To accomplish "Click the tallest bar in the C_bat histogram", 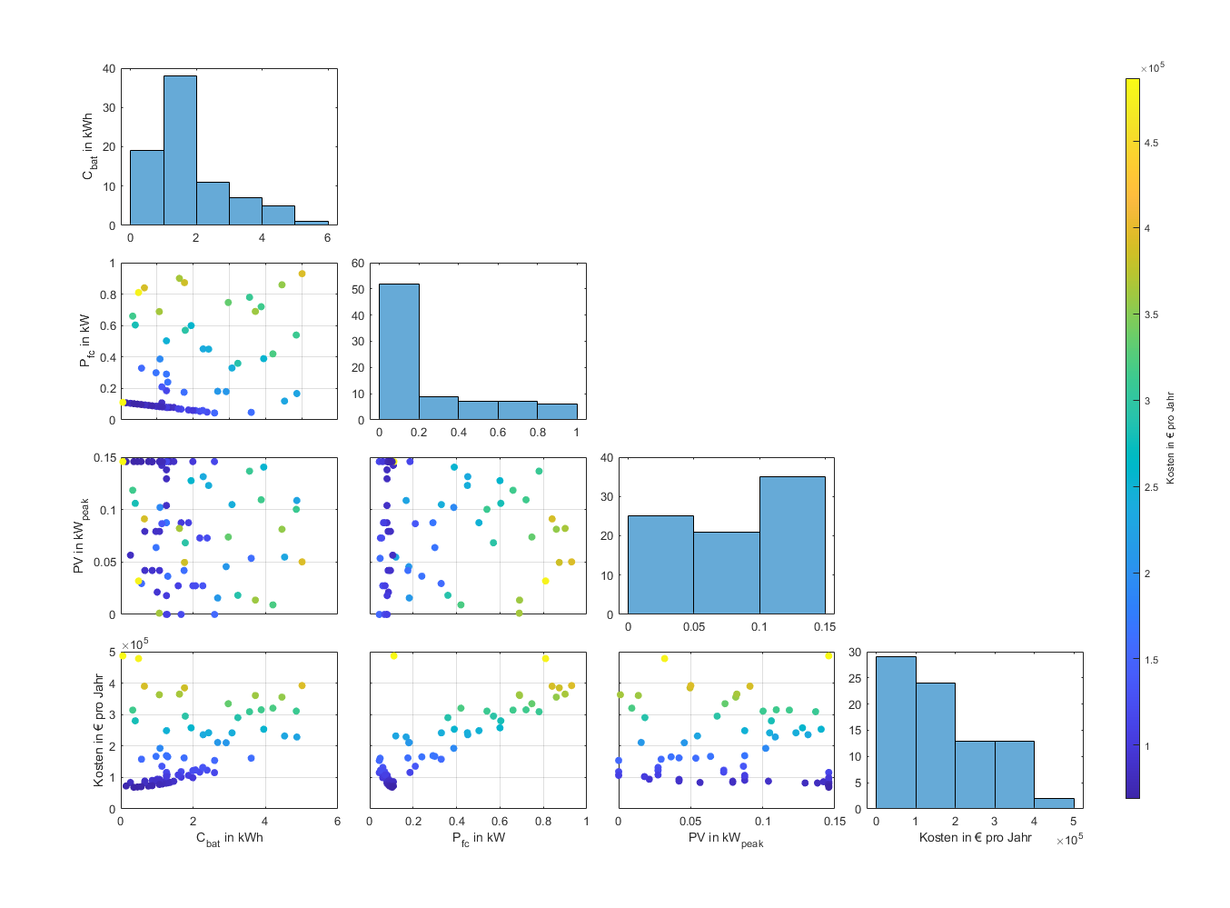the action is pos(180,150).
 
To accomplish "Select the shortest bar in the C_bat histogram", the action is pos(311,223).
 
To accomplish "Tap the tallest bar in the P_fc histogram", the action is pos(399,352).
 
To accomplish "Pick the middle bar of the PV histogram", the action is pos(727,573).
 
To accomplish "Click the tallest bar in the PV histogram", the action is pos(792,545).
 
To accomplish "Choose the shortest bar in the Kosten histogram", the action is pos(1054,803).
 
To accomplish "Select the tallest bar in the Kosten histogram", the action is pos(896,733).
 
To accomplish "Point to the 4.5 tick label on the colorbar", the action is pos(1151,144).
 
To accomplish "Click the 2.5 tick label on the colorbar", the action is pos(1151,487).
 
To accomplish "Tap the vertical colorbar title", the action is pos(1170,438).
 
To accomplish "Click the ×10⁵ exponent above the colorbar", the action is pos(1153,67).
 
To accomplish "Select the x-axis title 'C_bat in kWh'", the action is pos(230,838).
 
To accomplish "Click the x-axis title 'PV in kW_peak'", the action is pos(726,839).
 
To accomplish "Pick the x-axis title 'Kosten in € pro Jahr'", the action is pos(975,837).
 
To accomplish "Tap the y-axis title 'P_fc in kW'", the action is pos(84,341).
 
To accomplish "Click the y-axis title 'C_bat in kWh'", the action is pos(88,146).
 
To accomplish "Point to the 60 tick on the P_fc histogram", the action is pos(358,263).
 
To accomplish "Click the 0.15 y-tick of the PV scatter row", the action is pos(104,458).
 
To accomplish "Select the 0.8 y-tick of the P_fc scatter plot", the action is pos(108,294).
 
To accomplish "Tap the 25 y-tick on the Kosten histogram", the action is pos(855,678).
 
